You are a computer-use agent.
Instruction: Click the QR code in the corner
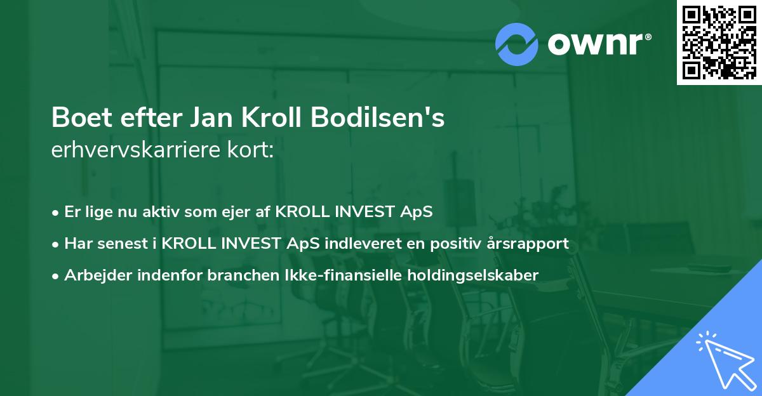[x=719, y=42]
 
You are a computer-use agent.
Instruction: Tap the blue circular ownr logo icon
[x=517, y=44]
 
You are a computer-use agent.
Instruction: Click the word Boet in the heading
[x=78, y=119]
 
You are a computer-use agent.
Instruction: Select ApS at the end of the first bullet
[x=418, y=212]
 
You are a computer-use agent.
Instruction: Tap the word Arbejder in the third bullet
[x=94, y=275]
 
